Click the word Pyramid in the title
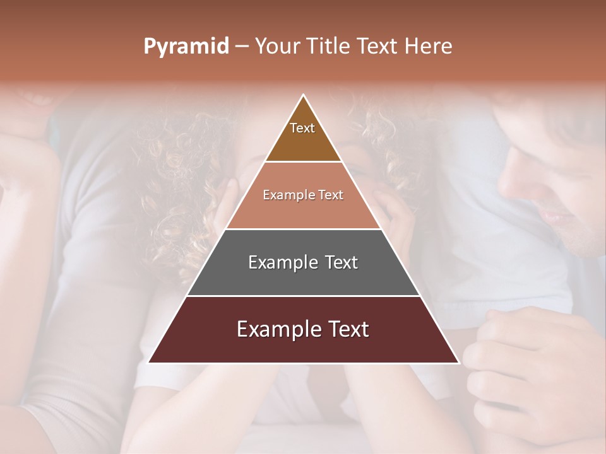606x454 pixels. click(186, 47)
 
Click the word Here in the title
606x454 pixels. click(429, 47)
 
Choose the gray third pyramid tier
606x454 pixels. click(303, 277)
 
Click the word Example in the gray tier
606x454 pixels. click(282, 262)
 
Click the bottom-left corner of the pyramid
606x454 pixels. click(150, 362)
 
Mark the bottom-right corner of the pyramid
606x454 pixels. click(458, 362)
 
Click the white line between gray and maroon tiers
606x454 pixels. click(303, 296)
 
